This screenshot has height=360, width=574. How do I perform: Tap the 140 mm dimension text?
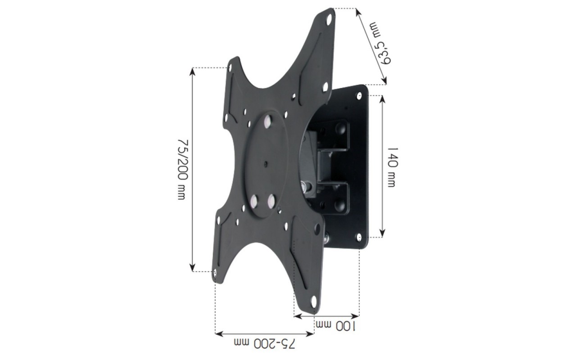pos(392,167)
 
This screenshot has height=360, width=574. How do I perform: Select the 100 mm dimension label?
pos(336,326)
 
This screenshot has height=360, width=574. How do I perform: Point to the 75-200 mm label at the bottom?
pos(264,344)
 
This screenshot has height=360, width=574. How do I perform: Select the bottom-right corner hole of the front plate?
pos(314,302)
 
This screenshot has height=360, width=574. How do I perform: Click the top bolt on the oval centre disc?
pos(269,122)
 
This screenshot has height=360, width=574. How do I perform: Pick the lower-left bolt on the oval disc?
pos(254,200)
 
